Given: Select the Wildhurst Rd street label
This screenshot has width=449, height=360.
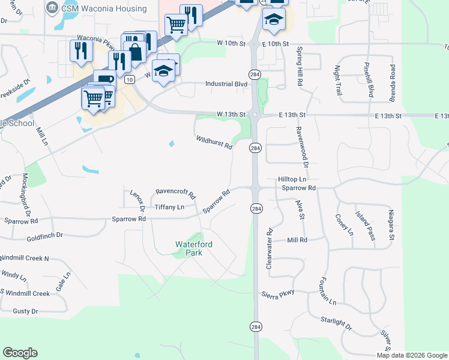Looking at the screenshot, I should click(x=214, y=143).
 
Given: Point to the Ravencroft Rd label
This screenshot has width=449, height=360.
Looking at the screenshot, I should click(x=175, y=194).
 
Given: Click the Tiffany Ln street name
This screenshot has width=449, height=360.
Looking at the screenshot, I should click(x=169, y=207).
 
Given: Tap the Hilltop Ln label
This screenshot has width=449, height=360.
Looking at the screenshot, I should click(x=292, y=179).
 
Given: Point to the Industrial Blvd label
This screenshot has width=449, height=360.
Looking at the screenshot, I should click(x=227, y=85).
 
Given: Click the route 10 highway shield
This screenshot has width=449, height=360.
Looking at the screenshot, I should click(x=129, y=79).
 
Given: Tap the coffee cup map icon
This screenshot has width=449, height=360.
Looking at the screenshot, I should click(x=105, y=79).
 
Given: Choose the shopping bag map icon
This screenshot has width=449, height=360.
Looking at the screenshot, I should click(x=135, y=52).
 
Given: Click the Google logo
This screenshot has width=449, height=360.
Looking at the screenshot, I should click(x=20, y=353).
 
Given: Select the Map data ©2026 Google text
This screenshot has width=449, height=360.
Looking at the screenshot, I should click(x=412, y=355).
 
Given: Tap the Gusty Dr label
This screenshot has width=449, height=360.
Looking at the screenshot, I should click(x=25, y=311).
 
